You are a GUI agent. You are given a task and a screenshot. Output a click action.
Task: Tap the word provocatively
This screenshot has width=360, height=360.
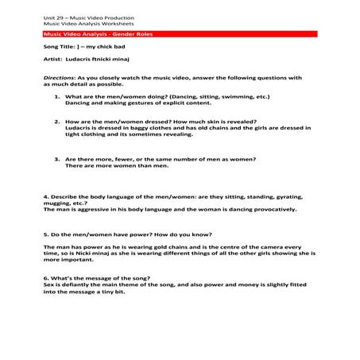point(271,209)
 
